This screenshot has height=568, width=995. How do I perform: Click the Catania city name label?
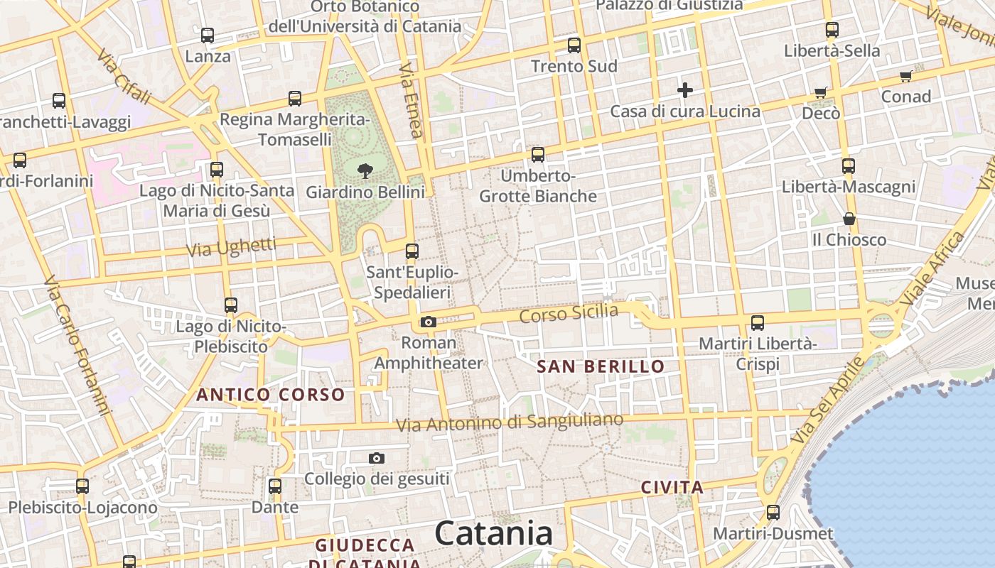pyautogui.click(x=494, y=533)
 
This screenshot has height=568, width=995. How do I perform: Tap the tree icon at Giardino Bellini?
pyautogui.click(x=365, y=170)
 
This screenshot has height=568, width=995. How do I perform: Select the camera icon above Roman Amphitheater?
pyautogui.click(x=428, y=322)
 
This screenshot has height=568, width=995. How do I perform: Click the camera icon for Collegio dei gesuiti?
pyautogui.click(x=377, y=459)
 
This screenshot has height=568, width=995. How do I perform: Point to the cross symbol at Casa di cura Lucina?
pyautogui.click(x=685, y=90)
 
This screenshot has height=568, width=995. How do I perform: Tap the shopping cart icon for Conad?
pyautogui.click(x=906, y=75)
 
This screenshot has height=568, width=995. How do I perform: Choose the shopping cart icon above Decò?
pyautogui.click(x=821, y=92)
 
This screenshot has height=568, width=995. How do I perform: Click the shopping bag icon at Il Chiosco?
pyautogui.click(x=849, y=219)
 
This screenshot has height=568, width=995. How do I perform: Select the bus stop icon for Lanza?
pyautogui.click(x=208, y=35)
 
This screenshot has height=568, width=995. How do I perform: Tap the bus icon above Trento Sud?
pyautogui.click(x=574, y=45)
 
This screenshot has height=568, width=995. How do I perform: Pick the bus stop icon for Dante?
pyautogui.click(x=275, y=486)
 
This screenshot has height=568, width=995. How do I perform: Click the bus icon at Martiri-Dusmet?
pyautogui.click(x=773, y=512)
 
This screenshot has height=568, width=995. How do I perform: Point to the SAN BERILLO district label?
pyautogui.click(x=601, y=367)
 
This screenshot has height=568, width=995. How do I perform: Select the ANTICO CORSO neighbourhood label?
pyautogui.click(x=271, y=395)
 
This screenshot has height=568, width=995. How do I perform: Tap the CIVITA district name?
pyautogui.click(x=672, y=488)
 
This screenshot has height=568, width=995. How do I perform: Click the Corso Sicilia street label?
pyautogui.click(x=569, y=312)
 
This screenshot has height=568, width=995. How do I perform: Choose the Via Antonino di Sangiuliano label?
pyautogui.click(x=510, y=422)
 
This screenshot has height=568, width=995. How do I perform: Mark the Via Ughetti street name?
pyautogui.click(x=231, y=248)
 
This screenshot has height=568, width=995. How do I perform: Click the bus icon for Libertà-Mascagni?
pyautogui.click(x=849, y=166)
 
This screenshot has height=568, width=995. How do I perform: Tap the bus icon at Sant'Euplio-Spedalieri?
pyautogui.click(x=412, y=251)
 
